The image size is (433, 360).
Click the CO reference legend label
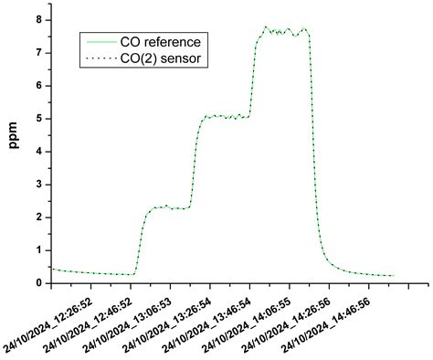[161, 42]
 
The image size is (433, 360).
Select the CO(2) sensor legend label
[161, 58]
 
